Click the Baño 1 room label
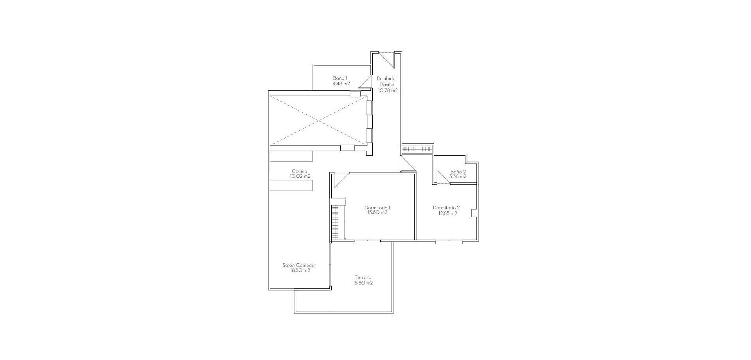(340, 78)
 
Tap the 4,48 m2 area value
(341, 83)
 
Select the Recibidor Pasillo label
(387, 81)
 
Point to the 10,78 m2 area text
(388, 90)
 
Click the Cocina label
(300, 171)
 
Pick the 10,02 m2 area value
(300, 176)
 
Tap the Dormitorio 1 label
(377, 207)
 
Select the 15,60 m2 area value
(377, 212)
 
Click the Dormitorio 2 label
(446, 207)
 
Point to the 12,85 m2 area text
(447, 213)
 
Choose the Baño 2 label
(458, 171)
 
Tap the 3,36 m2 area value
(458, 176)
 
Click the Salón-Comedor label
(299, 265)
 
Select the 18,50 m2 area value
(300, 270)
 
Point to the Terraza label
(363, 277)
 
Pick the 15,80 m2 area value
(363, 283)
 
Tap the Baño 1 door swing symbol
(365, 81)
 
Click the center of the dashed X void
(319, 121)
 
